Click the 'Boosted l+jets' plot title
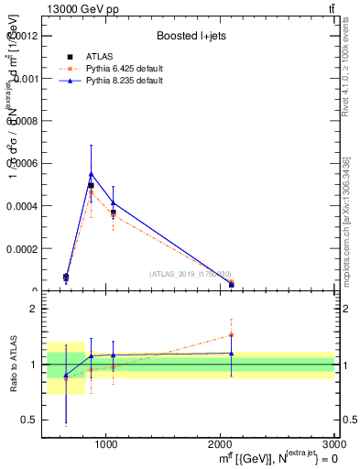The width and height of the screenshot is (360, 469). (x=190, y=36)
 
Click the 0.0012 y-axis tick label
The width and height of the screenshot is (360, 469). (x=24, y=36)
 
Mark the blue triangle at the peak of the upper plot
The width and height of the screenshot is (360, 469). (x=91, y=173)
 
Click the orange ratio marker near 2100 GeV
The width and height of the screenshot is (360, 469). (x=231, y=334)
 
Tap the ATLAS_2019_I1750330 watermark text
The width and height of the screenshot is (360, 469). (x=191, y=274)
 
